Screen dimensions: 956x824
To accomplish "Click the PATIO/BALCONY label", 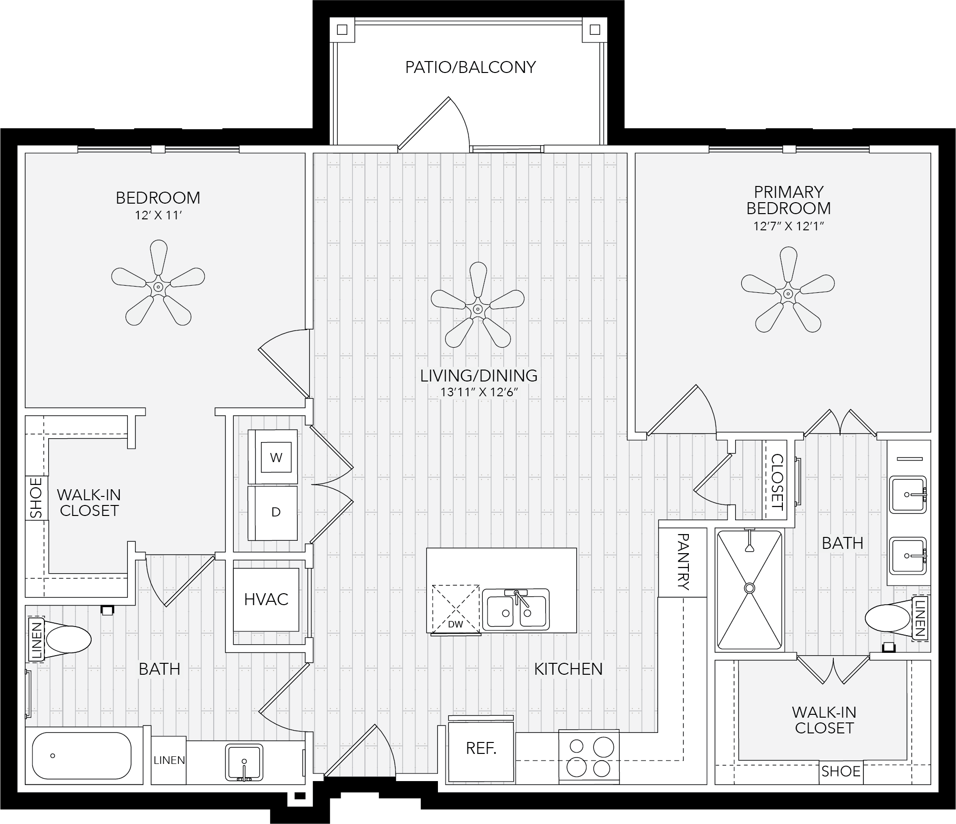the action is (470, 67).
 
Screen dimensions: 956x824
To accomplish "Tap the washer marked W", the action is (272, 457).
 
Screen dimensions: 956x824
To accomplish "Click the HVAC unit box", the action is (266, 599).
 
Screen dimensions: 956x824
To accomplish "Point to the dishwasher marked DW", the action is (456, 609).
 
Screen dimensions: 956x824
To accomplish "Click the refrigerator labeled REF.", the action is (481, 748).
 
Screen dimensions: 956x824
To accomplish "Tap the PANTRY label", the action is (683, 562).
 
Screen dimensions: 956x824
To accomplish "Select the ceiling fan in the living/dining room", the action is (477, 304).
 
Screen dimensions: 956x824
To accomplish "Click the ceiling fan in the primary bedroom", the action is (788, 289).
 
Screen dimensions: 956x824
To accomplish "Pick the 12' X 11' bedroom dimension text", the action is (158, 216).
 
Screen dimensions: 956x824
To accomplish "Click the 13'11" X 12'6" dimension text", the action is (479, 393).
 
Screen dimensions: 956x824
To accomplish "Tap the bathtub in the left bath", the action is (82, 756).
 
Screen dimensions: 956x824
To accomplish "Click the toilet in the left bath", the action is (61, 639).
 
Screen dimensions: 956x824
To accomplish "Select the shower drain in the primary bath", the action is (749, 588).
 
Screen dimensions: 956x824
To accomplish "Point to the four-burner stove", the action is (589, 757).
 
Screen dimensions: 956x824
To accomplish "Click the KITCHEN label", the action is (568, 669).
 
